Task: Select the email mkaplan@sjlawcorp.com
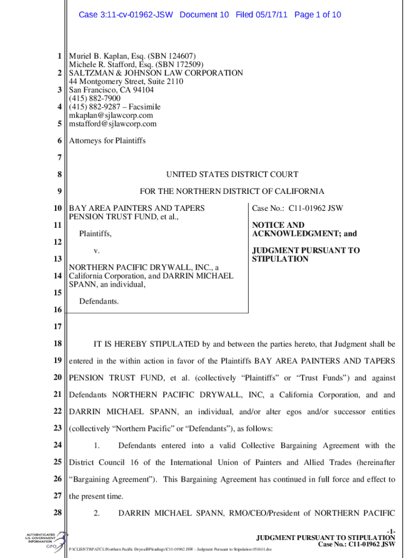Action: pos(111,116)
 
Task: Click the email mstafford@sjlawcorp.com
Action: pos(112,124)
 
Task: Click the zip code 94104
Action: pos(142,90)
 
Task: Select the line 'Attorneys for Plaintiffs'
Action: pos(107,141)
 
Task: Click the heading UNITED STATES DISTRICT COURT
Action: pos(232,174)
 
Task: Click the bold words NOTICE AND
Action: pos(278,225)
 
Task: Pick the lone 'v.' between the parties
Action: pos(96,251)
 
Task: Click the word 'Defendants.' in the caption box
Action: pos(99,301)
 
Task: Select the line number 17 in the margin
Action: pos(57,327)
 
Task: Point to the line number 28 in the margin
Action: pos(57,513)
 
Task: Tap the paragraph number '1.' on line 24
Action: pos(97,446)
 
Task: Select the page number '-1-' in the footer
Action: pos(389,530)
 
